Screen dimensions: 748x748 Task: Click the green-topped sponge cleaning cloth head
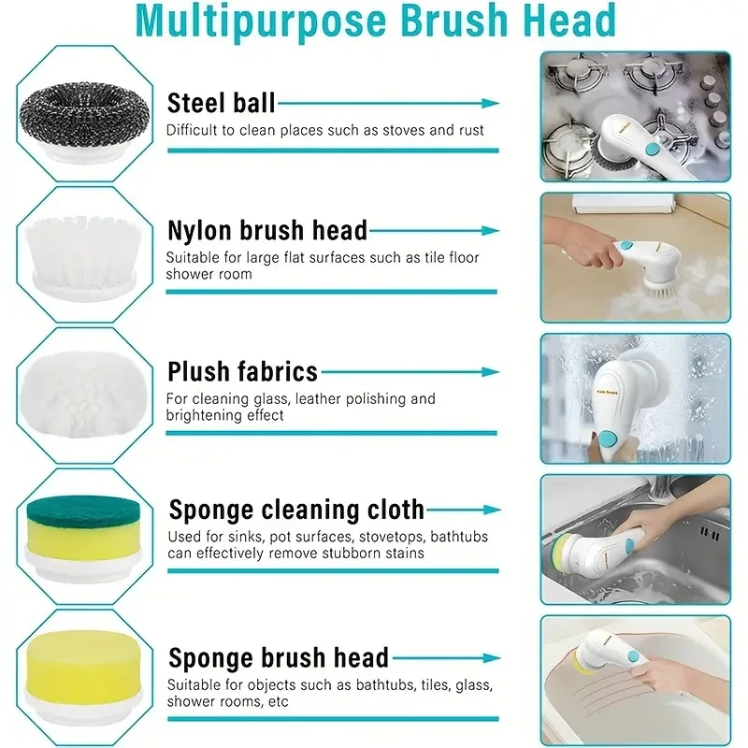point(85,530)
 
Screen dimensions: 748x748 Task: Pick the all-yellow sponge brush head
point(85,669)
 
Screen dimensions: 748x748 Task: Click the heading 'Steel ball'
point(221,103)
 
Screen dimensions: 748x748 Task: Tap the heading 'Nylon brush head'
point(266,230)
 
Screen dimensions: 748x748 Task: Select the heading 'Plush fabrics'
point(242,371)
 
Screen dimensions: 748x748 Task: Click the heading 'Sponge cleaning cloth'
point(295,510)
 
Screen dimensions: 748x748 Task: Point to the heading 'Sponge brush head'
point(278,657)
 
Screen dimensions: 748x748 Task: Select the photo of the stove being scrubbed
point(635,116)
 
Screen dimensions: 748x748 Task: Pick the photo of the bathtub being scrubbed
point(635,678)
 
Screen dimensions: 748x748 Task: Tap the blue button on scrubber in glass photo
point(607,438)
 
